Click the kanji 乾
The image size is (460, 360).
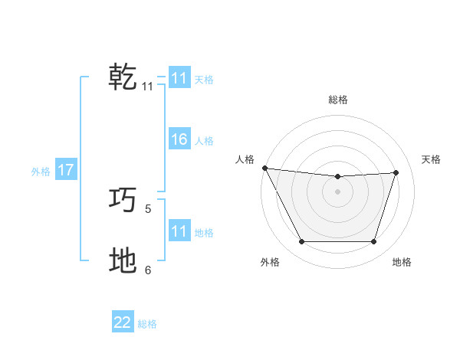click(x=123, y=77)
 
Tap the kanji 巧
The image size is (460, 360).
click(x=123, y=201)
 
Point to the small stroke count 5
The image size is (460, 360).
click(x=148, y=208)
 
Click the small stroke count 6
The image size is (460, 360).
click(x=148, y=269)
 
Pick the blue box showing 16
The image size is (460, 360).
click(x=179, y=139)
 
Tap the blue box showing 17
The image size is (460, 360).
click(x=65, y=170)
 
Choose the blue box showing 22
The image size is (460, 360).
click(x=123, y=322)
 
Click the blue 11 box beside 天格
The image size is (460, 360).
click(x=179, y=78)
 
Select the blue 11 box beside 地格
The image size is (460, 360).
click(x=179, y=231)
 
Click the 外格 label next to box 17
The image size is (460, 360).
click(x=41, y=172)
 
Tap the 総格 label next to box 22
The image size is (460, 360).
click(x=147, y=324)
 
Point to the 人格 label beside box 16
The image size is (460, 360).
click(x=204, y=141)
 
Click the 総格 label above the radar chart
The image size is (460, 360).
click(x=337, y=100)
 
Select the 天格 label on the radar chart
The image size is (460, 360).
click(x=431, y=159)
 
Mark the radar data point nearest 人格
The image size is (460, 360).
click(x=264, y=168)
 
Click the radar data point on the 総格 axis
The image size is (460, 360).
click(x=337, y=177)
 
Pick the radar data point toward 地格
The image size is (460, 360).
click(x=373, y=241)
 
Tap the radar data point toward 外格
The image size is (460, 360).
click(x=301, y=241)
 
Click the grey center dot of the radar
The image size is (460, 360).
click(x=337, y=191)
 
